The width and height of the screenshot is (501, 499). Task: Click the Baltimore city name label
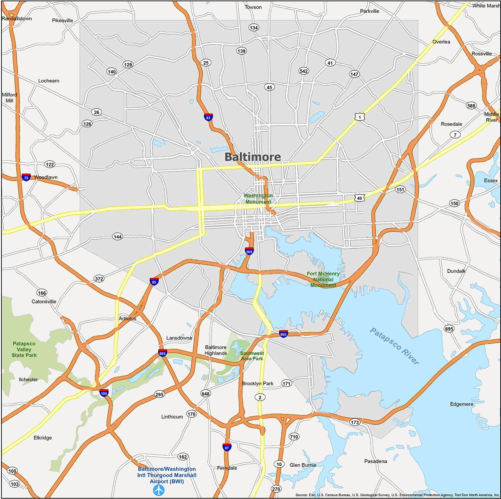(253, 157)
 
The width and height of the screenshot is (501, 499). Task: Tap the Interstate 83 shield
(208, 117)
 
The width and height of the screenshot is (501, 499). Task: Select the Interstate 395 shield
(249, 251)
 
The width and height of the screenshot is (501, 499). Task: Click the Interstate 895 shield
(283, 334)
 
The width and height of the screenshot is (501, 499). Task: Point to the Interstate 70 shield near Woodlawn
(26, 177)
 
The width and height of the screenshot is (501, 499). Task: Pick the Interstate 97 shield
(227, 447)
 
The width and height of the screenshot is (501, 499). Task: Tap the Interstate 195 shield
(104, 393)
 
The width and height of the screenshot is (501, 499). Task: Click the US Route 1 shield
(360, 117)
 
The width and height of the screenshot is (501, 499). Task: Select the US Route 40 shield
(359, 198)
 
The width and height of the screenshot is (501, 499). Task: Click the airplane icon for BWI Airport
(159, 490)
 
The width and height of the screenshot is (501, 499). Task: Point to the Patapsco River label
(394, 346)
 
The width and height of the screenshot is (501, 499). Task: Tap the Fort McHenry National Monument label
(323, 279)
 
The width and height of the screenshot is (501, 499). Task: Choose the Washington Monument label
(258, 198)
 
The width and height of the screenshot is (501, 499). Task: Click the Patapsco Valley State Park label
(24, 349)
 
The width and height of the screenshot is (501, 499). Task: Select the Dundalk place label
(456, 271)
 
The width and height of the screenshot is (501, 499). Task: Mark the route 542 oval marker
(304, 71)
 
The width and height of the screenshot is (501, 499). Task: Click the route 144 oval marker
(118, 236)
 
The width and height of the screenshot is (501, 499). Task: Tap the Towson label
(253, 7)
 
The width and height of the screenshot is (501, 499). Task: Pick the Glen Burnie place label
(303, 465)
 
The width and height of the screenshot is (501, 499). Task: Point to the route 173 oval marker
(355, 422)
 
